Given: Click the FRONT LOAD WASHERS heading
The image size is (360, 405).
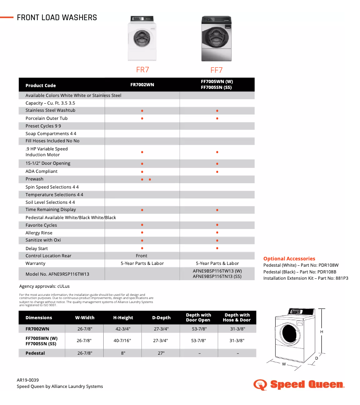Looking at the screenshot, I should (x=57, y=18).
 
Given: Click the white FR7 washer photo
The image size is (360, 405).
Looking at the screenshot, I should (x=142, y=39).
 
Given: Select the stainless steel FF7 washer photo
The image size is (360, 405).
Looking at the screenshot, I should (x=217, y=39).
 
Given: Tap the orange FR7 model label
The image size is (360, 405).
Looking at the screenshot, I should (x=142, y=70).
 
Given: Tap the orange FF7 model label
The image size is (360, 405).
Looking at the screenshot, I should (x=217, y=70).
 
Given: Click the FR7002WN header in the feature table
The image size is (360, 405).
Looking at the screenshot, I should (x=142, y=84).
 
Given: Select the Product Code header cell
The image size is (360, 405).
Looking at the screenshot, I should (x=41, y=85).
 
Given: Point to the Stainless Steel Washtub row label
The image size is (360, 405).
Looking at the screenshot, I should (x=50, y=110).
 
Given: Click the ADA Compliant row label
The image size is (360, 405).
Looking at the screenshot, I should (x=41, y=171).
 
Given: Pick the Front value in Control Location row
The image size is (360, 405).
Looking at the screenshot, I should (x=141, y=255).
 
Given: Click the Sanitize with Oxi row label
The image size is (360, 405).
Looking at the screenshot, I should (x=43, y=240).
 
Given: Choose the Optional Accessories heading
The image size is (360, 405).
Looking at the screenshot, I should (x=289, y=259).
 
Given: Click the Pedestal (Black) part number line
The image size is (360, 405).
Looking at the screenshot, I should (x=300, y=272).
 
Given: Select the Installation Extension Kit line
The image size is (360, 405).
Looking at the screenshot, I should (x=305, y=278).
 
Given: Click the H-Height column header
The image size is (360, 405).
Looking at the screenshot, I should (x=123, y=317).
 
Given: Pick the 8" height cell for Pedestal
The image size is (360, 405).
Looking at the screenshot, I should (x=123, y=353).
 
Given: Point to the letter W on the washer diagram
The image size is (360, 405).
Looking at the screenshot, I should (x=284, y=364).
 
